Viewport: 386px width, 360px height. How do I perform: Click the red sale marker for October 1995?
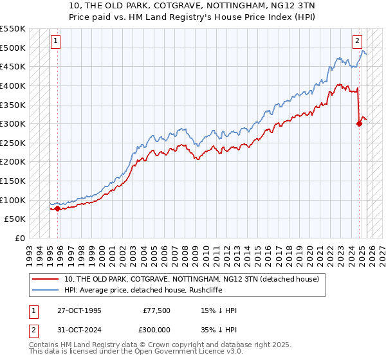point(58,208)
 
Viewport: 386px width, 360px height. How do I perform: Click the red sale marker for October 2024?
point(359,124)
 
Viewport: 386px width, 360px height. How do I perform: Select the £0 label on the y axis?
point(19,238)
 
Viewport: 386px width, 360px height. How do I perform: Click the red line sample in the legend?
point(46,279)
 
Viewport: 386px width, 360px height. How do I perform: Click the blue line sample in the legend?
point(46,290)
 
